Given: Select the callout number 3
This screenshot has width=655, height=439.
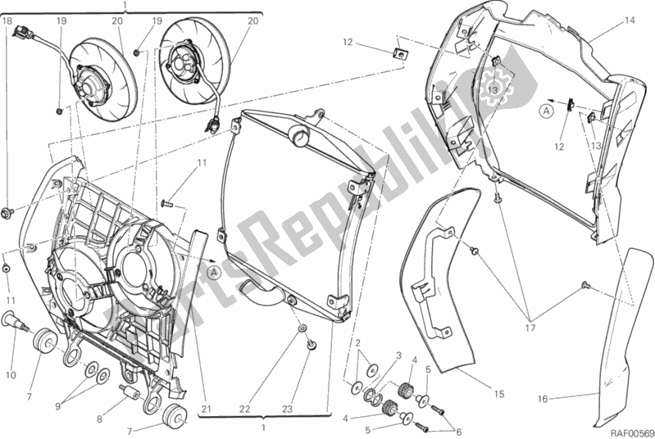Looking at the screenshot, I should (x=398, y=355).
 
